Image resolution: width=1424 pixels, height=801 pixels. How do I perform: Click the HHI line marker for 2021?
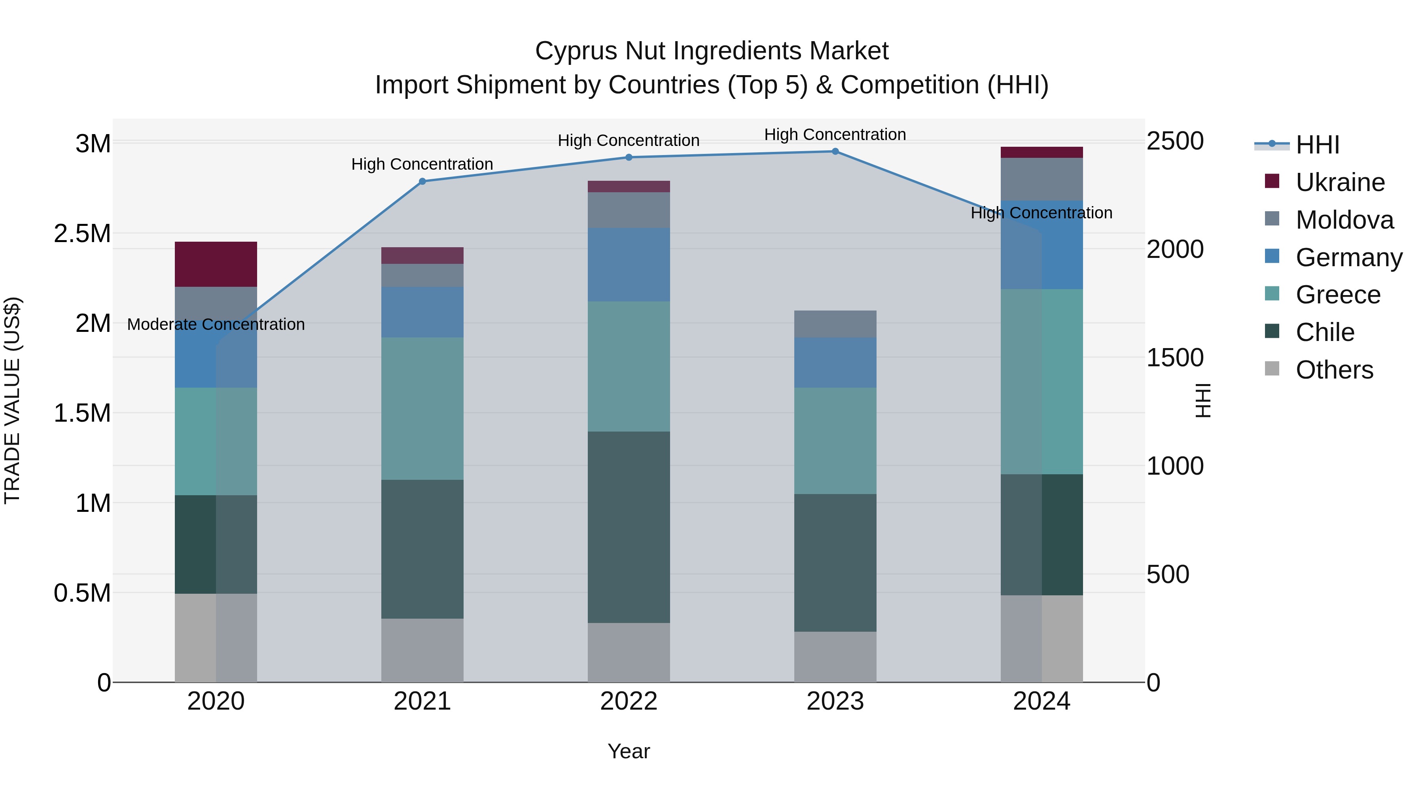[x=422, y=181]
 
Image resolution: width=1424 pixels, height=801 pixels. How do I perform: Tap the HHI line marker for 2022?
[x=629, y=157]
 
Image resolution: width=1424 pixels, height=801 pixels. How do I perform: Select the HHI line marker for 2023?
[x=835, y=151]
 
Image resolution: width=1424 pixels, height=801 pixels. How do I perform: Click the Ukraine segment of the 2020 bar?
[x=216, y=264]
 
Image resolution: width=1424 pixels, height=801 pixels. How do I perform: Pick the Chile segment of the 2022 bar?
[x=629, y=527]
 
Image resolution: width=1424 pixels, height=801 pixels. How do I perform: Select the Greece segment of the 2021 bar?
[x=422, y=409]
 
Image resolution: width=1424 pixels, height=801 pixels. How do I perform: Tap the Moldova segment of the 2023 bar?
[x=835, y=324]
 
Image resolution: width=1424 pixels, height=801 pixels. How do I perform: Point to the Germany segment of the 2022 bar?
[x=629, y=265]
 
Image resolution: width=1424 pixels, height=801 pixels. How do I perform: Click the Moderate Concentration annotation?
[x=216, y=324]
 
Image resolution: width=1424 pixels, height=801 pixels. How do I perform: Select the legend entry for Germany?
[x=1348, y=258]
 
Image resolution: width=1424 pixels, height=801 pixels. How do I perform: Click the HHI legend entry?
[x=1317, y=145]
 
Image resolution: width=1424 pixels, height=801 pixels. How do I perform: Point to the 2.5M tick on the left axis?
[x=82, y=234]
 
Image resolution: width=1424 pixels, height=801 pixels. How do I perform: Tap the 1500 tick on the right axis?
[x=1175, y=358]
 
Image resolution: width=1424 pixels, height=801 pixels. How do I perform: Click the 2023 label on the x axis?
[x=835, y=701]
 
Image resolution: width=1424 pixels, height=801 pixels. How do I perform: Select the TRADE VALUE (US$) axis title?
[x=12, y=401]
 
